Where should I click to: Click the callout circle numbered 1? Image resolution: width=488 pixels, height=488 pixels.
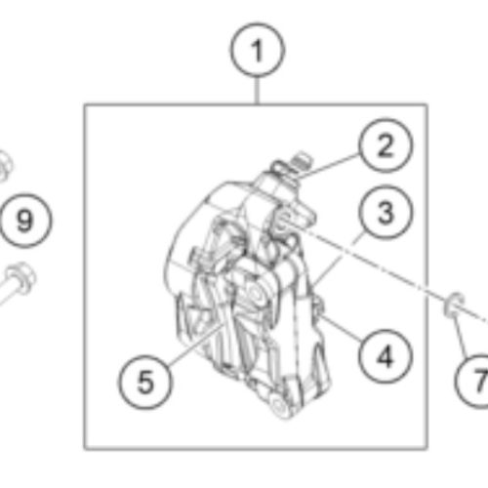pyautogui.click(x=258, y=51)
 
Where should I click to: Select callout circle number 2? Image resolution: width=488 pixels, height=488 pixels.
pyautogui.click(x=386, y=145)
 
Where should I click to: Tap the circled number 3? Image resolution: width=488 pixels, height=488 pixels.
pyautogui.click(x=386, y=213)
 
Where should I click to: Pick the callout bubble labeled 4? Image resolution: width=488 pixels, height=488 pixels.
pyautogui.click(x=386, y=357)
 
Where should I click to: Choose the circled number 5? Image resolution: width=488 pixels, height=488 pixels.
pyautogui.click(x=145, y=382)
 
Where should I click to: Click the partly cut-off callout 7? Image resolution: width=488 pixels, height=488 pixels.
pyautogui.click(x=471, y=381)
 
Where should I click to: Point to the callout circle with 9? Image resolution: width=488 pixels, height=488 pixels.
pyautogui.click(x=25, y=221)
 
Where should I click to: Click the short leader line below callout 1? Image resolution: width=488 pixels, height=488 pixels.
pyautogui.click(x=258, y=91)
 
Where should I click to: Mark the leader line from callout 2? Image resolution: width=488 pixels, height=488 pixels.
pyautogui.click(x=329, y=167)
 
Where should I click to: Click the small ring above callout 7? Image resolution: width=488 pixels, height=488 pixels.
pyautogui.click(x=455, y=305)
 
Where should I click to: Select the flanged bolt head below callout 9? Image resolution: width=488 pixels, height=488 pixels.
pyautogui.click(x=21, y=278)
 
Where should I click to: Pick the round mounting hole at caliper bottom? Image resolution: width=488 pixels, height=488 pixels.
pyautogui.click(x=279, y=406)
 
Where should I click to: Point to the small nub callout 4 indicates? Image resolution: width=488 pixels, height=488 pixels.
pyautogui.click(x=318, y=305)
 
